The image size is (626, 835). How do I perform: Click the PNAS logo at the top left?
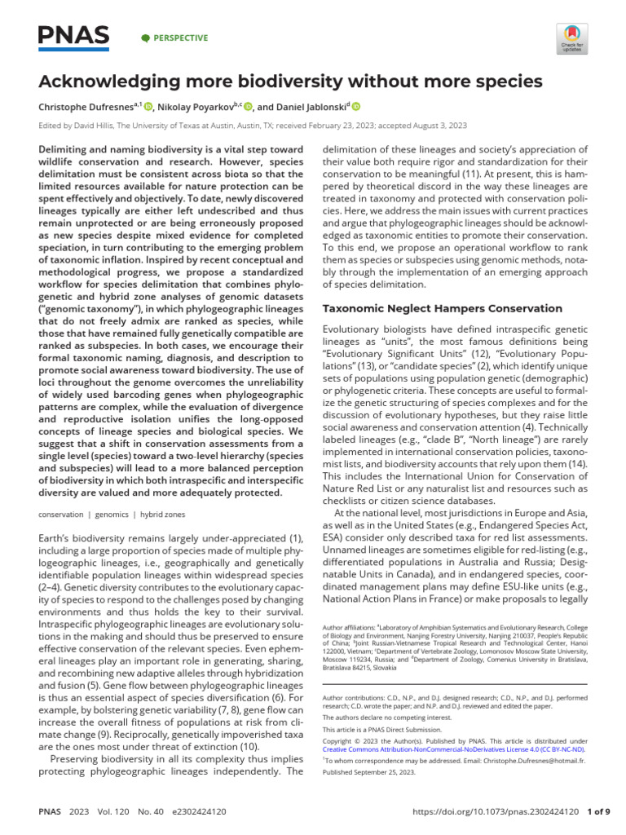pyautogui.click(x=74, y=37)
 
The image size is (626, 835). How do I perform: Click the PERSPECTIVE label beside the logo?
pyautogui.click(x=180, y=38)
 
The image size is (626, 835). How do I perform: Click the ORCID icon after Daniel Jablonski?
pyautogui.click(x=356, y=106)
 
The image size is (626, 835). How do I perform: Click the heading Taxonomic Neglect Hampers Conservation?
pyautogui.click(x=443, y=308)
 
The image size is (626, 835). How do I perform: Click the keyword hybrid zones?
pyautogui.click(x=164, y=515)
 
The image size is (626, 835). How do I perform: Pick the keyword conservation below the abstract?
pyautogui.click(x=61, y=515)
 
